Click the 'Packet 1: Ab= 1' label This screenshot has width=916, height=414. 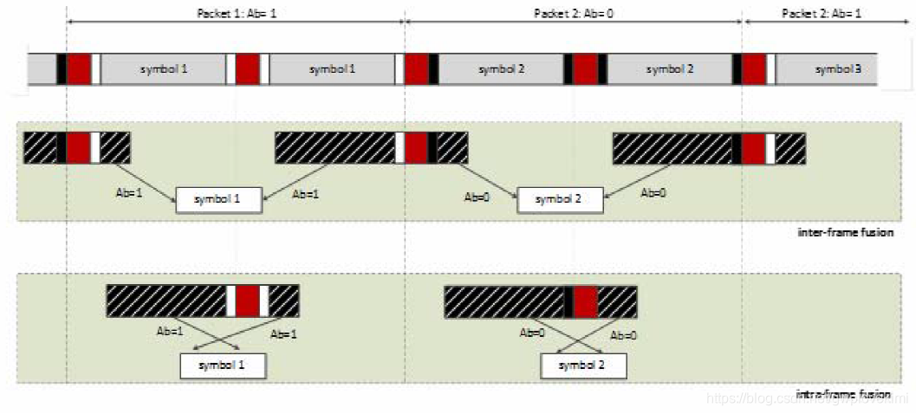pyautogui.click(x=234, y=13)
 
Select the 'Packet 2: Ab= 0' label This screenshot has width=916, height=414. pyautogui.click(x=573, y=13)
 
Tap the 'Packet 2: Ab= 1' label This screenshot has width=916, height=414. pyautogui.click(x=821, y=13)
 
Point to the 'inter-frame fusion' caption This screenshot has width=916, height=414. pyautogui.click(x=845, y=233)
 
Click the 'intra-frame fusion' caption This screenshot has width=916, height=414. pyautogui.click(x=842, y=395)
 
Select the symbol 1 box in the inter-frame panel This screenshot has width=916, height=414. pyautogui.click(x=218, y=200)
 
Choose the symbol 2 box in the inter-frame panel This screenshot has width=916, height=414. pyautogui.click(x=560, y=200)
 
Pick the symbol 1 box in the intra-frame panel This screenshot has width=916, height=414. pyautogui.click(x=223, y=365)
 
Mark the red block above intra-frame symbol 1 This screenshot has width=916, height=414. pyautogui.click(x=248, y=301)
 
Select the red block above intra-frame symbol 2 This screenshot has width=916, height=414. pyautogui.click(x=586, y=301)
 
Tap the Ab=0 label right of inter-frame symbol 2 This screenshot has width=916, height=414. pyautogui.click(x=653, y=194)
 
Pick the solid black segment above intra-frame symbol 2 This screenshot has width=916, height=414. pyautogui.click(x=568, y=301)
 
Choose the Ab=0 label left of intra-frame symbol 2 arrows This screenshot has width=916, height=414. pyautogui.click(x=532, y=332)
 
